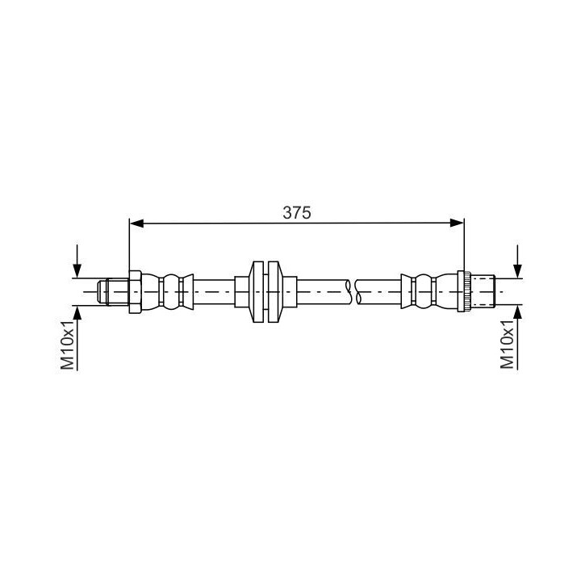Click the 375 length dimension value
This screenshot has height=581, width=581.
coord(297,213)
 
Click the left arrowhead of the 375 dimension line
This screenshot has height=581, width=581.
coord(136,223)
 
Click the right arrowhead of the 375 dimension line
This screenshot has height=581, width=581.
coord(457,223)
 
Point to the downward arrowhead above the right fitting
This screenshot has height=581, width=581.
coord(517,271)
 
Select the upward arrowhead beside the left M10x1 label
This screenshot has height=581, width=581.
coord(77,313)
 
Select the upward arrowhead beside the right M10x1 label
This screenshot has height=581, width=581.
coord(517,313)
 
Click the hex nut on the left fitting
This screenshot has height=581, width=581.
coord(135,292)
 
